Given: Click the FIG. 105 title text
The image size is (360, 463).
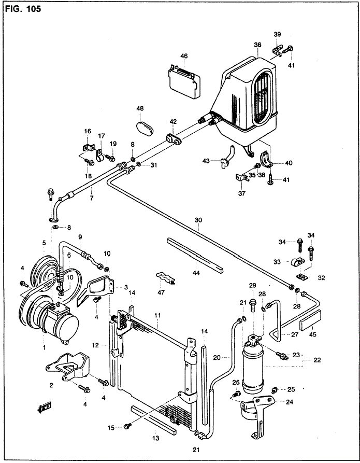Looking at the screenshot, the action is tap(23, 9).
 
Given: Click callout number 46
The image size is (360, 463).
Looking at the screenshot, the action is tap(184, 56).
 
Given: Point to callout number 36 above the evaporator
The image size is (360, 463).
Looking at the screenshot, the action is tap(257, 45).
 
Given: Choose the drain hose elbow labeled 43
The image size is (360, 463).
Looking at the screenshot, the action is tap(227, 157).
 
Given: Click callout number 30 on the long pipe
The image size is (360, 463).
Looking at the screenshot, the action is tap(198, 220).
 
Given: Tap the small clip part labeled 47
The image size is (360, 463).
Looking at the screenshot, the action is tap(166, 278).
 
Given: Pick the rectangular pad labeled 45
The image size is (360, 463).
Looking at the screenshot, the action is tap(310, 320).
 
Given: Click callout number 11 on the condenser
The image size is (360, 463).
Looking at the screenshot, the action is tap(157, 315).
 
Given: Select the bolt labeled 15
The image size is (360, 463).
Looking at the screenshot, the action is tap(127, 426).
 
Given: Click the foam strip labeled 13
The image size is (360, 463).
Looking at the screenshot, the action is tap(153, 419).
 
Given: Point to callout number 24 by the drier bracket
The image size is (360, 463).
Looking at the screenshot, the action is tap(290, 402).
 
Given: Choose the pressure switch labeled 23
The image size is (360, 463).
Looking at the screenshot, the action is tap(282, 355).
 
